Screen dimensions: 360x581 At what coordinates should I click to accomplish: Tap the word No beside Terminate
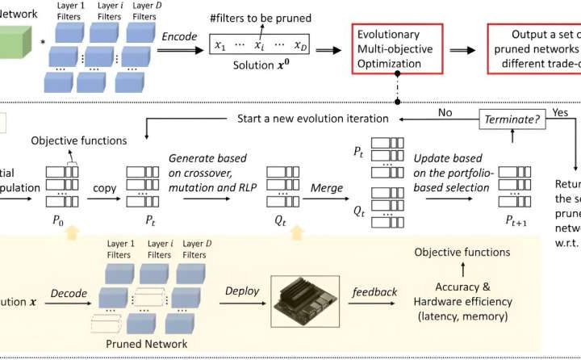coord(444,112)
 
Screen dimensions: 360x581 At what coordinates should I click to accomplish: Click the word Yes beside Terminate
coord(562,112)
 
